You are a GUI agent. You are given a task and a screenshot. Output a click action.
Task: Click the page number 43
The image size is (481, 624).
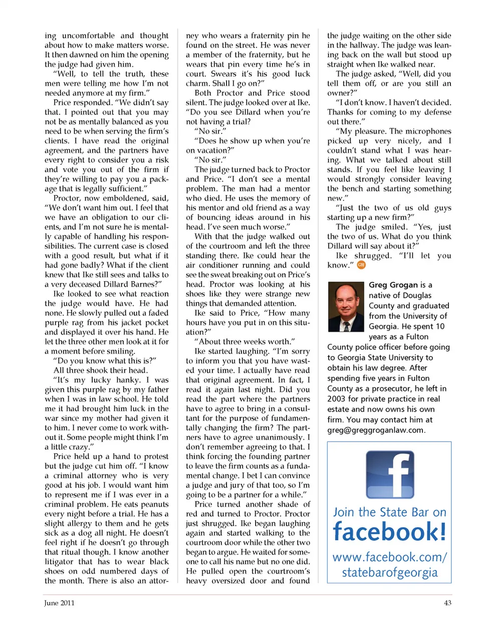point(447,603)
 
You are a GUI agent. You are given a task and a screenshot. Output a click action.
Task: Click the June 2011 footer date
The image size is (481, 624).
point(59,603)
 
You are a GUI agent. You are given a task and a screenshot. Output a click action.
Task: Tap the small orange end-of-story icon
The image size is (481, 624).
point(361,265)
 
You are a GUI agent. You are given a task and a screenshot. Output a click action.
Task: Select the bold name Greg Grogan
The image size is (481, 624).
point(393,285)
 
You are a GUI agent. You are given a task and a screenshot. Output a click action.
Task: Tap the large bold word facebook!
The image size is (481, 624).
point(389,532)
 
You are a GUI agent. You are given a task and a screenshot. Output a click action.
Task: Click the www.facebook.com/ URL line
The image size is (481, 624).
point(389,557)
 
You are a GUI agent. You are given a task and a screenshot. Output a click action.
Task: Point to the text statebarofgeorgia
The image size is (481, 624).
point(389,572)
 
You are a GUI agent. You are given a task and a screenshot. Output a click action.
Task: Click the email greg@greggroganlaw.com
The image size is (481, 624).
point(376,430)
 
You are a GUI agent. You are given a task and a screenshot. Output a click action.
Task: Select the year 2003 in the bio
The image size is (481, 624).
point(336,399)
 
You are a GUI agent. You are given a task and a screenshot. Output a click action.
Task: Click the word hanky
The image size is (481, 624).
point(128,380)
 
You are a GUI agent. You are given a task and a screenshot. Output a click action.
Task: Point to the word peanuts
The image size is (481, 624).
point(154,504)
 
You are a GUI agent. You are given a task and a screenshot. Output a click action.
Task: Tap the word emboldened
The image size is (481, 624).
point(125,198)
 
